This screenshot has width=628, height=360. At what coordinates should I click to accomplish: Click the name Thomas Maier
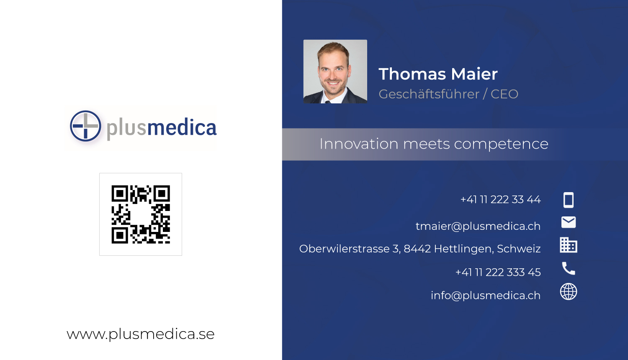pos(438,74)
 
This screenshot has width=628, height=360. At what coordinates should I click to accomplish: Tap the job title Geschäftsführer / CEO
pos(448,94)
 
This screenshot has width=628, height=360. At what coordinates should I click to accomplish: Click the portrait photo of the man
pos(335,72)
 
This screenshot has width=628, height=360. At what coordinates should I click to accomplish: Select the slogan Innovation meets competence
pos(433,144)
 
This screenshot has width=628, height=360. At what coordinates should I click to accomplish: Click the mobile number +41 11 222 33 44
pos(500,200)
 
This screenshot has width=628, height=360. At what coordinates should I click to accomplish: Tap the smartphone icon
pos(568,200)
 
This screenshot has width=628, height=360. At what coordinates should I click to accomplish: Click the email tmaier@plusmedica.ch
pos(478,226)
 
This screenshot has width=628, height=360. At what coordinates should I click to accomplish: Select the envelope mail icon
pos(568,222)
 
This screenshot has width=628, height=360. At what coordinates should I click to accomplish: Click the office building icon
pos(568,245)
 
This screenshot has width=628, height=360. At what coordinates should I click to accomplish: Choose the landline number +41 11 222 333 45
pos(498,273)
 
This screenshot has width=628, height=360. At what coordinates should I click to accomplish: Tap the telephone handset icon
pos(568,268)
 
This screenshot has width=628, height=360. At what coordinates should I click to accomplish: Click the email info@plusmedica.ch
pos(485,296)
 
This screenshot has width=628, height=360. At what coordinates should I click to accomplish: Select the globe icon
pos(568,292)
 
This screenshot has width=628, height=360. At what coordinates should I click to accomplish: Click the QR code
pos(141,214)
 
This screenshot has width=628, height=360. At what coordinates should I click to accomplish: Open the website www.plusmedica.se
pos(141,334)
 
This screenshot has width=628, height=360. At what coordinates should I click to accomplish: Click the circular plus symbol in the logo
pos(85,126)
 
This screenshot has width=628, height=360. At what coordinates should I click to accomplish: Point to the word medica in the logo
pos(182,128)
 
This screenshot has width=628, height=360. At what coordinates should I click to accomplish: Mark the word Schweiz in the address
pos(519,249)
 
